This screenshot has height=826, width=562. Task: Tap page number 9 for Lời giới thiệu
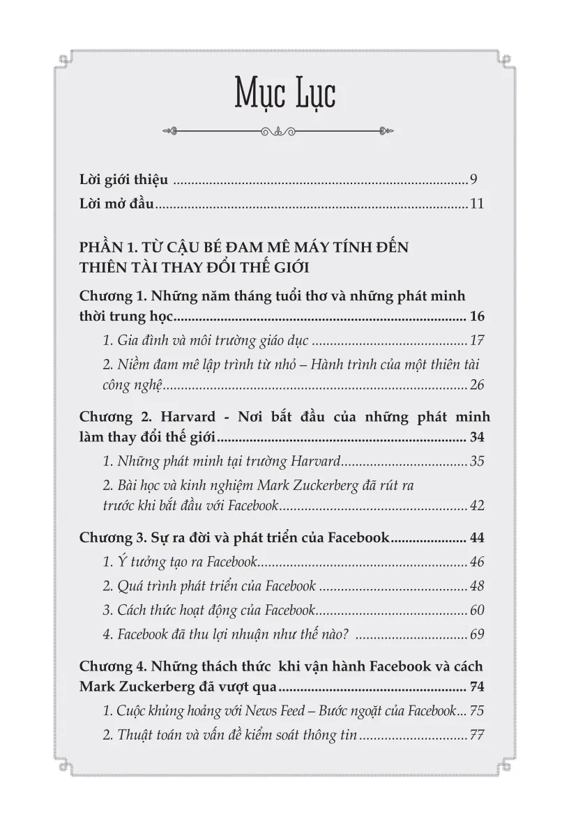(473, 181)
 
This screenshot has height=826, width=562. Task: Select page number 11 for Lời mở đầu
(477, 205)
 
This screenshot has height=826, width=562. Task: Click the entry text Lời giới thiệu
(123, 181)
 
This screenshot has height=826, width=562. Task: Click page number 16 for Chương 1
(477, 316)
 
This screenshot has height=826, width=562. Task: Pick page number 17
(477, 341)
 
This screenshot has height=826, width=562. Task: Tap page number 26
(477, 385)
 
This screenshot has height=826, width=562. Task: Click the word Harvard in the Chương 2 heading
(181, 417)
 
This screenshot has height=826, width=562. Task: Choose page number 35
(477, 461)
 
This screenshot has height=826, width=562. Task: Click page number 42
(477, 505)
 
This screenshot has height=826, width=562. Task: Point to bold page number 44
(477, 537)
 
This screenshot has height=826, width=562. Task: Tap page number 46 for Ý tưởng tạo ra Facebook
(477, 562)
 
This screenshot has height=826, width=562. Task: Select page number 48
(477, 586)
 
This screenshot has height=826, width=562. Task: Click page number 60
(477, 611)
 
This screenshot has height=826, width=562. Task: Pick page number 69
(477, 635)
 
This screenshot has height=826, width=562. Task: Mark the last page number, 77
(477, 735)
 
